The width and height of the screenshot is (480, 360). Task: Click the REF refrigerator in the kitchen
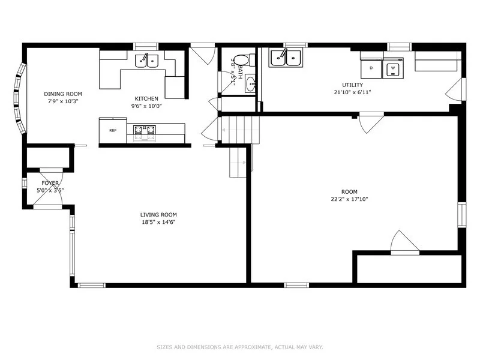tap(113, 130)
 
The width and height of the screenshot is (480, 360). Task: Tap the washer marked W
tap(393, 68)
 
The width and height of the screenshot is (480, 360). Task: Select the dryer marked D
tap(371, 68)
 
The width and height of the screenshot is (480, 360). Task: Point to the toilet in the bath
tap(245, 61)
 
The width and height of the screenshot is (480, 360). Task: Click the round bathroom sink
tap(250, 83)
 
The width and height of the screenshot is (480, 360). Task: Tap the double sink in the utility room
tap(286, 57)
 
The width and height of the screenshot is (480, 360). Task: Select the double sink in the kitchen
tap(146, 61)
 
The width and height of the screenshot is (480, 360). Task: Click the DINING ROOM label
tap(63, 94)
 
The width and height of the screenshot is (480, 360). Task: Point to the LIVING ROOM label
tap(158, 215)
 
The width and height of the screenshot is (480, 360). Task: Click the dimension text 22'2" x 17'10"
tap(349, 199)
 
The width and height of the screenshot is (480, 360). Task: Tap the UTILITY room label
tap(353, 85)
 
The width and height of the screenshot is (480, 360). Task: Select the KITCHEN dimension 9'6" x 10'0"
tap(146, 106)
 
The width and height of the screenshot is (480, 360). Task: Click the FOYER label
tap(50, 183)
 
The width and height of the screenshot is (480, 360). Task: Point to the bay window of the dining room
tap(19, 98)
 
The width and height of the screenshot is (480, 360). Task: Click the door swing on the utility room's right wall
tap(455, 89)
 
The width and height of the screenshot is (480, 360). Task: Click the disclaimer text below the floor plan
tap(240, 347)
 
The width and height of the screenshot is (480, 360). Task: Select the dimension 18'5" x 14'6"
tap(158, 222)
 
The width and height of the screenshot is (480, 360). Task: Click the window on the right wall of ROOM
tap(462, 215)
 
